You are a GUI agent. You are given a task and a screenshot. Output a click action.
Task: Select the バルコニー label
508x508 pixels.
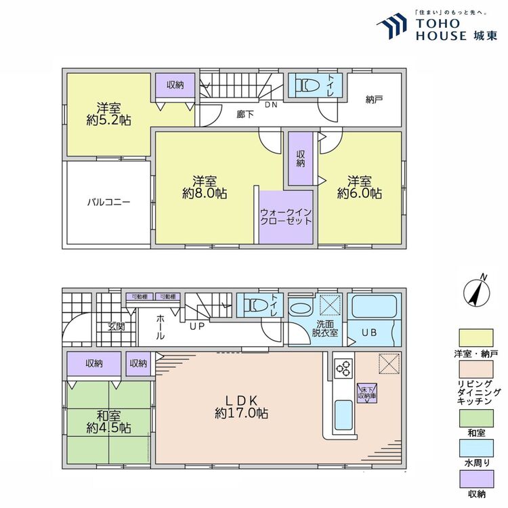108,202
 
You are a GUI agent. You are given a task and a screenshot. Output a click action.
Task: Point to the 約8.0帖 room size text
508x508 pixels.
204,193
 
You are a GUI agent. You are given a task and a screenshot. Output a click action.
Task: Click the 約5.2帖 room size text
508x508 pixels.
108,120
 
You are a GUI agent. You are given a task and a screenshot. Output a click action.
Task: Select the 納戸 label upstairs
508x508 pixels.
374,100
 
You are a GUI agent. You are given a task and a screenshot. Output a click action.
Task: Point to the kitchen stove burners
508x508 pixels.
343,369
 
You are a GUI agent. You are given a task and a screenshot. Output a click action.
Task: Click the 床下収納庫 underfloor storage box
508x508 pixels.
367,393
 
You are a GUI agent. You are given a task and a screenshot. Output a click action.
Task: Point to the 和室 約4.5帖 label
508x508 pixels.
108,421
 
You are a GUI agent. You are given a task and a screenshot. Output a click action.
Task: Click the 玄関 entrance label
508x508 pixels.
115,326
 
